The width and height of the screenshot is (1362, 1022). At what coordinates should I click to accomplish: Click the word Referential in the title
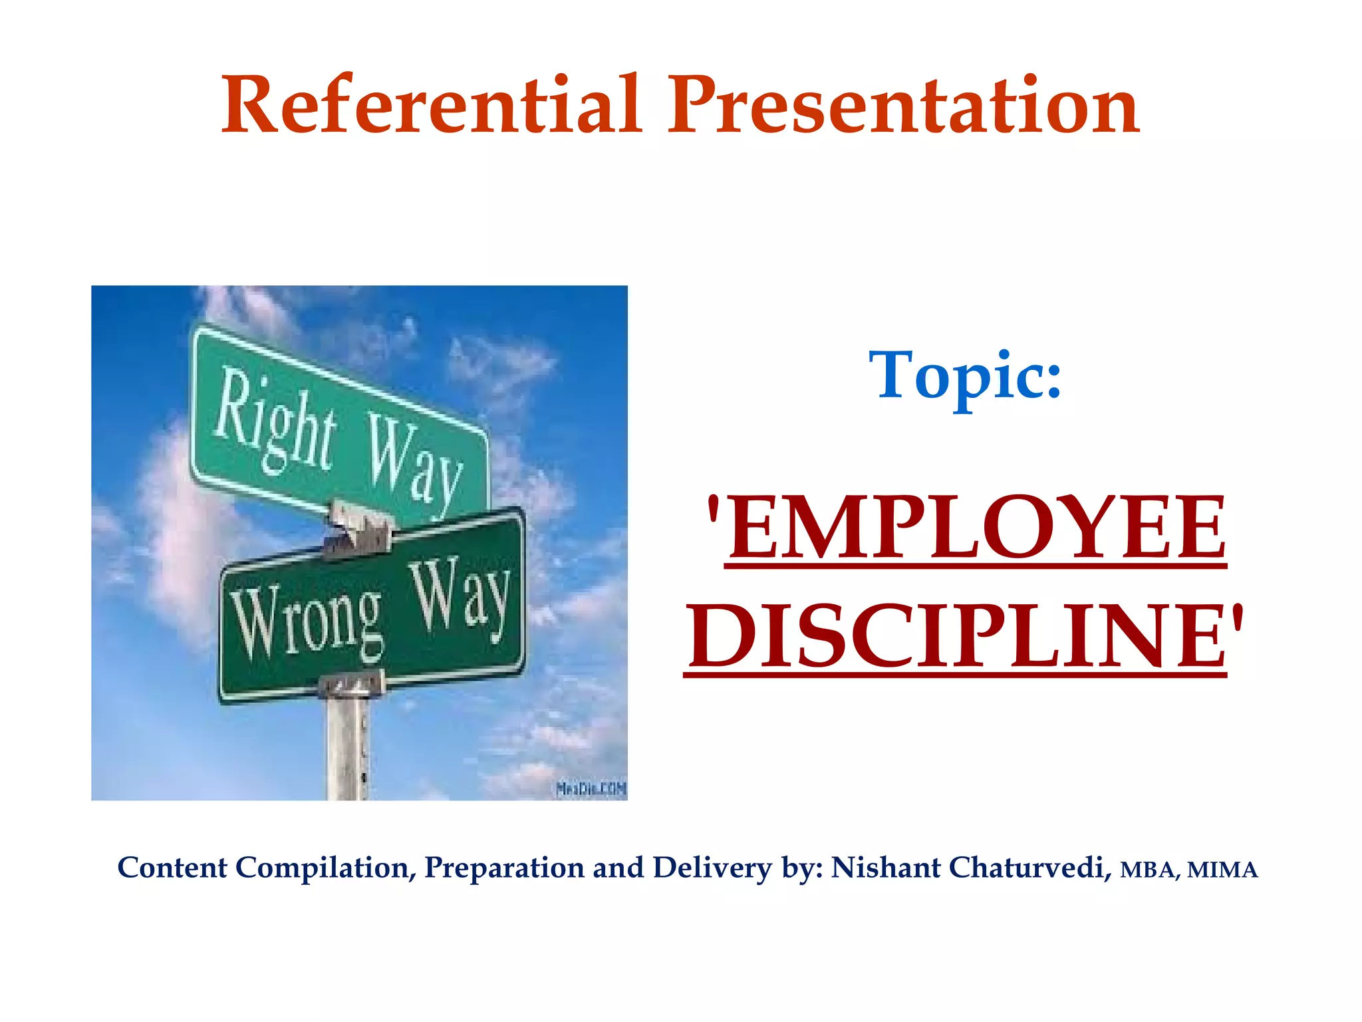tap(432, 105)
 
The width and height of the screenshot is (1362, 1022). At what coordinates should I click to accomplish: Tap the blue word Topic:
tap(965, 377)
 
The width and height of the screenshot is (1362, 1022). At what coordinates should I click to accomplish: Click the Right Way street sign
tap(339, 426)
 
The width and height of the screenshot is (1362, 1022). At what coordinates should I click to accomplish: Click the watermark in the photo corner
tap(591, 789)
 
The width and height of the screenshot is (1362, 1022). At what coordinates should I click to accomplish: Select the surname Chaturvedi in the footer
tap(1030, 868)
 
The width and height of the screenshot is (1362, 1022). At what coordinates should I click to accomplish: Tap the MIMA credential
tap(1222, 870)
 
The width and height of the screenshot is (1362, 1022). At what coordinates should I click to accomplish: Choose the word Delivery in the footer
tap(712, 868)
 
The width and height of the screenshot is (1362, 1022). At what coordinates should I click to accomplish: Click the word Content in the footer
tap(172, 868)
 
